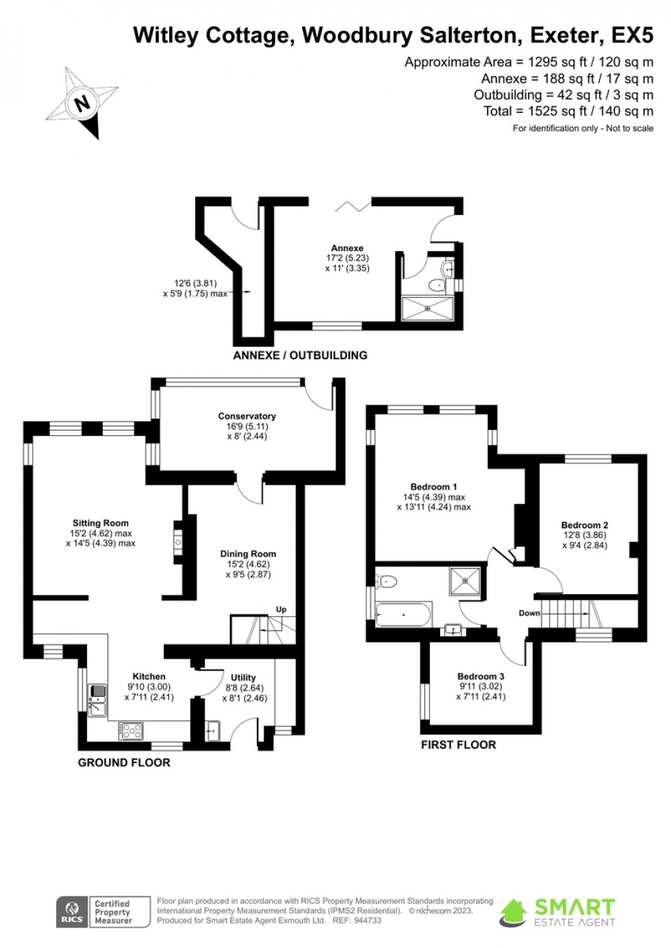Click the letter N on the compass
[81, 103]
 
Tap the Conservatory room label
[246, 416]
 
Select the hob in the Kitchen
[131, 731]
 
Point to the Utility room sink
[212, 730]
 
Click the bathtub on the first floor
[403, 614]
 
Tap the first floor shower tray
[466, 582]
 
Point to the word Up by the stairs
[281, 609]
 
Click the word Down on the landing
[529, 613]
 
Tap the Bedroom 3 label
[481, 677]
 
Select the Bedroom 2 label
[585, 525]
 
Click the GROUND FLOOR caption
[124, 763]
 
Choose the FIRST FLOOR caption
[459, 745]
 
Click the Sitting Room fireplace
[179, 542]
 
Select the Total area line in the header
[568, 112]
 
